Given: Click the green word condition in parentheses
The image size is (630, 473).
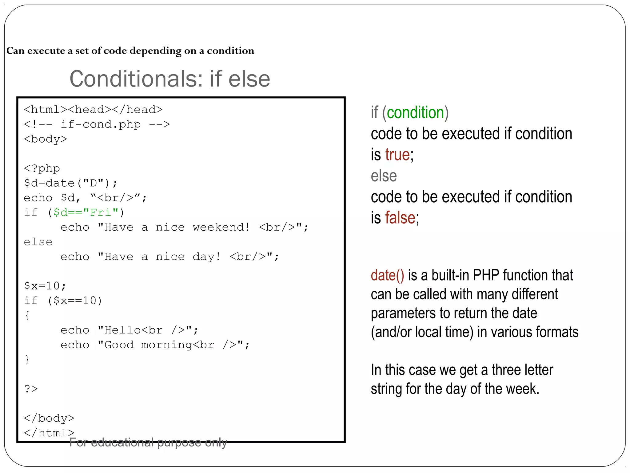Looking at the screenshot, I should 415,112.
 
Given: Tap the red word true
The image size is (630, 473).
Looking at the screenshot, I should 397,155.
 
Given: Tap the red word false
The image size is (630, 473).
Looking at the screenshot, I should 400,218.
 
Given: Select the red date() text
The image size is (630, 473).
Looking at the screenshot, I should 387,275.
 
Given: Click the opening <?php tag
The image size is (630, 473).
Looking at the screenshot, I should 42,168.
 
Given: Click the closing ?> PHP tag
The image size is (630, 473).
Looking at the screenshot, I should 31,389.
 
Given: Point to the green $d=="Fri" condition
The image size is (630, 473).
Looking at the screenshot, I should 86,212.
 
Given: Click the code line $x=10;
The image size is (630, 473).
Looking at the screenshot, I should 45,286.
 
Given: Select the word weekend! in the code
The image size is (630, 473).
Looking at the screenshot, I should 221,227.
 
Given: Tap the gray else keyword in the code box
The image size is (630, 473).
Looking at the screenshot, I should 38,242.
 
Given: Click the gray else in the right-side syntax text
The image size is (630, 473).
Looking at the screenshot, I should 384,176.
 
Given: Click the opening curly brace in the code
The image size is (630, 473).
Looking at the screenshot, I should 27,315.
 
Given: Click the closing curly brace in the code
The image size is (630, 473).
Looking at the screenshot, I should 27,359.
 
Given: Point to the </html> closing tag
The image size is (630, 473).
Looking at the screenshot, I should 49,433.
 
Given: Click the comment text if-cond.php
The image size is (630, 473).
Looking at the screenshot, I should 101,124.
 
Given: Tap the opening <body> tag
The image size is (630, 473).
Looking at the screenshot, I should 46,139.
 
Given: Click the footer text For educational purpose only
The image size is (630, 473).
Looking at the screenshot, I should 148,443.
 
